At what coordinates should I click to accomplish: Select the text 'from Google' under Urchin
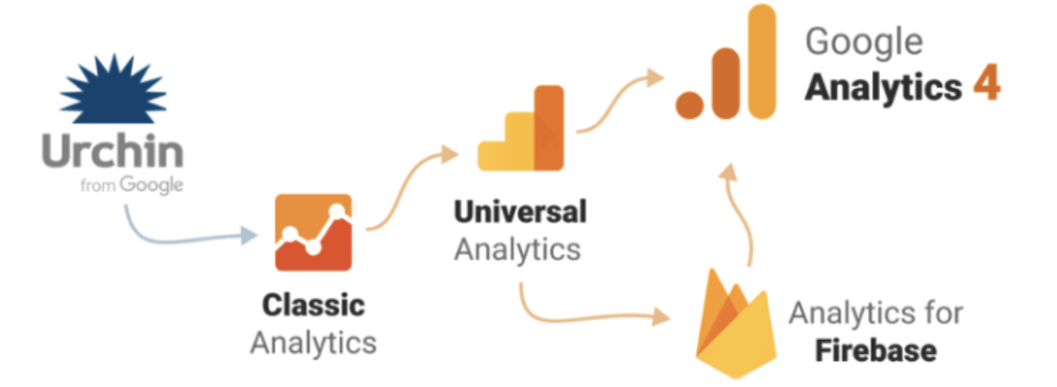click(x=131, y=185)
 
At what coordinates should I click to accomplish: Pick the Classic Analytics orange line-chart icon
click(x=314, y=233)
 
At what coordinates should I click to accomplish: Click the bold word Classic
click(x=313, y=305)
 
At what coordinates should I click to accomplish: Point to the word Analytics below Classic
click(x=313, y=342)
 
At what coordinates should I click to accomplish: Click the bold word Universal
click(x=520, y=211)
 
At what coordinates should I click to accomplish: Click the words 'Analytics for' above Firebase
click(x=875, y=313)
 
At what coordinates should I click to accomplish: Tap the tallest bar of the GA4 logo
click(x=762, y=61)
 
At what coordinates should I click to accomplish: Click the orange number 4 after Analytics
click(x=985, y=87)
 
